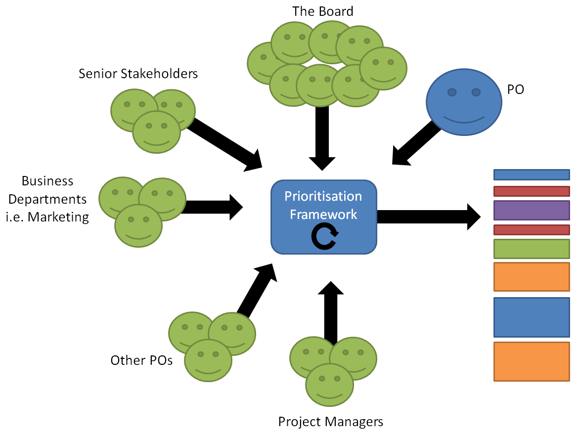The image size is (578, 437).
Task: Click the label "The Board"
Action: pyautogui.click(x=323, y=11)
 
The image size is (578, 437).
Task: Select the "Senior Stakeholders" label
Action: pyautogui.click(x=138, y=74)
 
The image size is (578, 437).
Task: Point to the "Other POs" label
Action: pyautogui.click(x=141, y=360)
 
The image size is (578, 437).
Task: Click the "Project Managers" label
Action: pyautogui.click(x=330, y=422)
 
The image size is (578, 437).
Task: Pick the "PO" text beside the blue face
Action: pyautogui.click(x=515, y=89)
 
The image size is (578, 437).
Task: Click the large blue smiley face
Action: pyautogui.click(x=462, y=100)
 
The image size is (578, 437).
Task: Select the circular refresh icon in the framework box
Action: pyautogui.click(x=324, y=237)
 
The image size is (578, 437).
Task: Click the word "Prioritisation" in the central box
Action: pyautogui.click(x=323, y=196)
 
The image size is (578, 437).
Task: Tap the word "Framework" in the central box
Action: pyautogui.click(x=323, y=214)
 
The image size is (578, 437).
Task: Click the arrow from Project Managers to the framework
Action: pyautogui.click(x=330, y=311)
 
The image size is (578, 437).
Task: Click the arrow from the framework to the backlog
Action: pyautogui.click(x=428, y=217)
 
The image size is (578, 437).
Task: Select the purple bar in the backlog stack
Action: pyautogui.click(x=532, y=210)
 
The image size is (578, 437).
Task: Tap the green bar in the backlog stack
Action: pyautogui.click(x=532, y=249)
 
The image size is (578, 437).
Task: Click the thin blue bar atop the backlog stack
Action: pyautogui.click(x=532, y=175)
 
